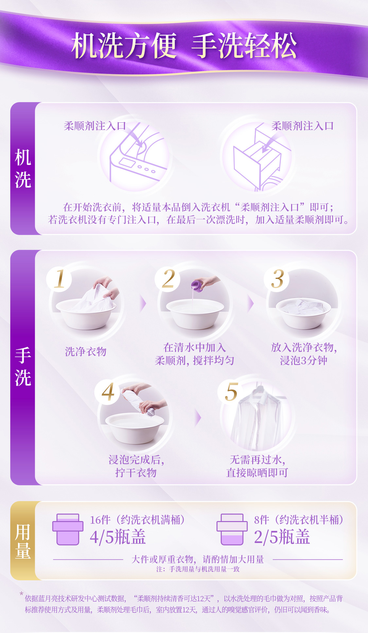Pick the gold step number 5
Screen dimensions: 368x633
[231, 392]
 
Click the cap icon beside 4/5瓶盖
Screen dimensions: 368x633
[68, 529]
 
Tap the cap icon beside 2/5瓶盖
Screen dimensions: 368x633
[232, 529]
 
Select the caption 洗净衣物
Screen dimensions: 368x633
[86, 352]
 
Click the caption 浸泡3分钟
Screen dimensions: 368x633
[304, 360]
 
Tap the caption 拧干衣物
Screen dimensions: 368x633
[136, 473]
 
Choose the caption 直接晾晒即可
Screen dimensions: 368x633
[257, 473]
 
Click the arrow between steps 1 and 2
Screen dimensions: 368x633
[143, 304]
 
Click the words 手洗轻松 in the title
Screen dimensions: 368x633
[244, 46]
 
